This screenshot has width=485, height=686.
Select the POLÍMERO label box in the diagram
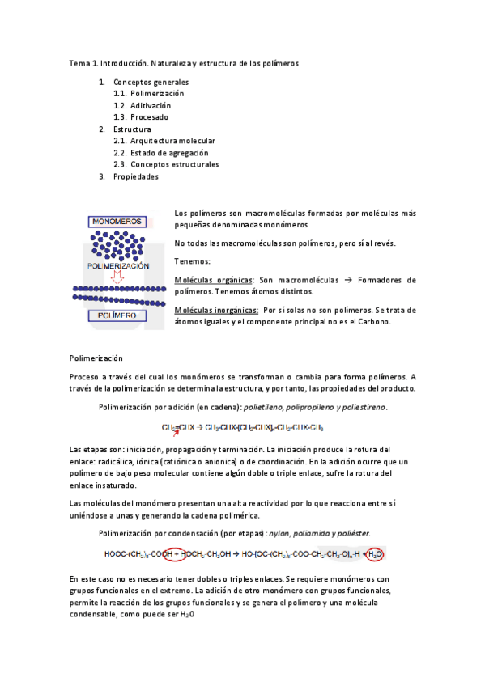tap(117, 315)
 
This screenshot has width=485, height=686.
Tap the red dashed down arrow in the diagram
tap(118, 277)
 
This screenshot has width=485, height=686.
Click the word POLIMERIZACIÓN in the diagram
tap(118, 265)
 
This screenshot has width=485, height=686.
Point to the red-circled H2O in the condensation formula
tap(376, 554)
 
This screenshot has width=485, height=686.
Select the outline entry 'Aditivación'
tap(151, 105)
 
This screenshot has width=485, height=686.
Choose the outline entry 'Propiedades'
tap(136, 176)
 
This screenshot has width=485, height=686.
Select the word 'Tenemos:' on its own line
tap(192, 261)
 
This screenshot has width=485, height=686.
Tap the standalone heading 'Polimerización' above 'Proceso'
tap(96, 356)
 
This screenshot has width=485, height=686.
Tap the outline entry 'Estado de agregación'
tap(169, 153)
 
